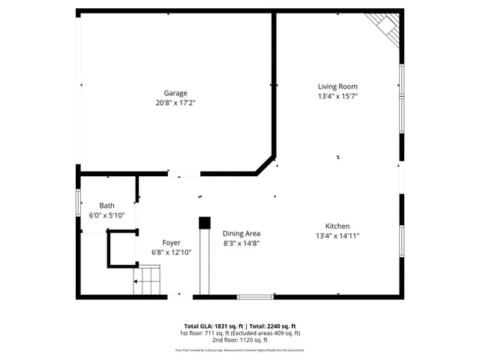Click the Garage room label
(x=175, y=93)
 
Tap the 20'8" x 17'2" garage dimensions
(x=175, y=103)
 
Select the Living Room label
(x=337, y=86)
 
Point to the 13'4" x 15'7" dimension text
(x=337, y=96)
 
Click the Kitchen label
(x=337, y=226)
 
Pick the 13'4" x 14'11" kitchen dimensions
(x=337, y=235)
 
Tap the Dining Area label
(x=241, y=233)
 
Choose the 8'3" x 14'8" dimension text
(x=241, y=243)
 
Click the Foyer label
(x=171, y=242)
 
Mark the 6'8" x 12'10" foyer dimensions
(x=171, y=252)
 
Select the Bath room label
(x=106, y=205)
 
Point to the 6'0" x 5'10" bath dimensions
(x=106, y=215)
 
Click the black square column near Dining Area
(x=204, y=223)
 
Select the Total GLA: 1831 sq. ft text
(x=205, y=326)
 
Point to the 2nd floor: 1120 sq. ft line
(x=239, y=340)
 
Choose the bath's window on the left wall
(x=78, y=204)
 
